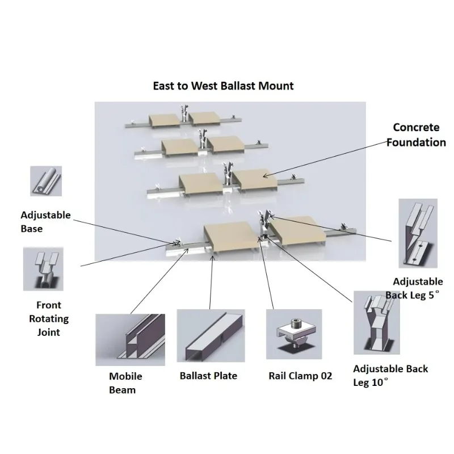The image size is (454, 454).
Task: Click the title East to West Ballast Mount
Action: (223, 86)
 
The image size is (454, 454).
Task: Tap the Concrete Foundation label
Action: (416, 135)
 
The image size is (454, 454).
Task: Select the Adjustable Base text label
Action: (45, 222)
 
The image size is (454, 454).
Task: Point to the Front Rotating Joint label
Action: (49, 318)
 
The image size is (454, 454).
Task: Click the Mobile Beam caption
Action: (125, 382)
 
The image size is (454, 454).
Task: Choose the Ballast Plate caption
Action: (208, 376)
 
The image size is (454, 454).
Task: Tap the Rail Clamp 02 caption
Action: (300, 376)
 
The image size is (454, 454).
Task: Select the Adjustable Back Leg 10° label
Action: (390, 376)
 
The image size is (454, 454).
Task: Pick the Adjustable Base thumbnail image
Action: (46, 181)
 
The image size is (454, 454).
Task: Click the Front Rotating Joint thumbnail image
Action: (43, 269)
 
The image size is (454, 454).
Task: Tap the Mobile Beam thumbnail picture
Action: (131, 339)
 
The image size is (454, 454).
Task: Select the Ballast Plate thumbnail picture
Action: (211, 335)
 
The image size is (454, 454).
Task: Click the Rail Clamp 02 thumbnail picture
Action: (294, 334)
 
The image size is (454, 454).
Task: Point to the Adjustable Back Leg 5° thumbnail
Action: (418, 233)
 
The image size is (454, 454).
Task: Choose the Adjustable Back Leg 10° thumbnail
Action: (377, 323)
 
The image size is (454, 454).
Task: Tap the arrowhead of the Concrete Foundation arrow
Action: (264, 175)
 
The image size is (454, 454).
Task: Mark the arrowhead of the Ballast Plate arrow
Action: (213, 257)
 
